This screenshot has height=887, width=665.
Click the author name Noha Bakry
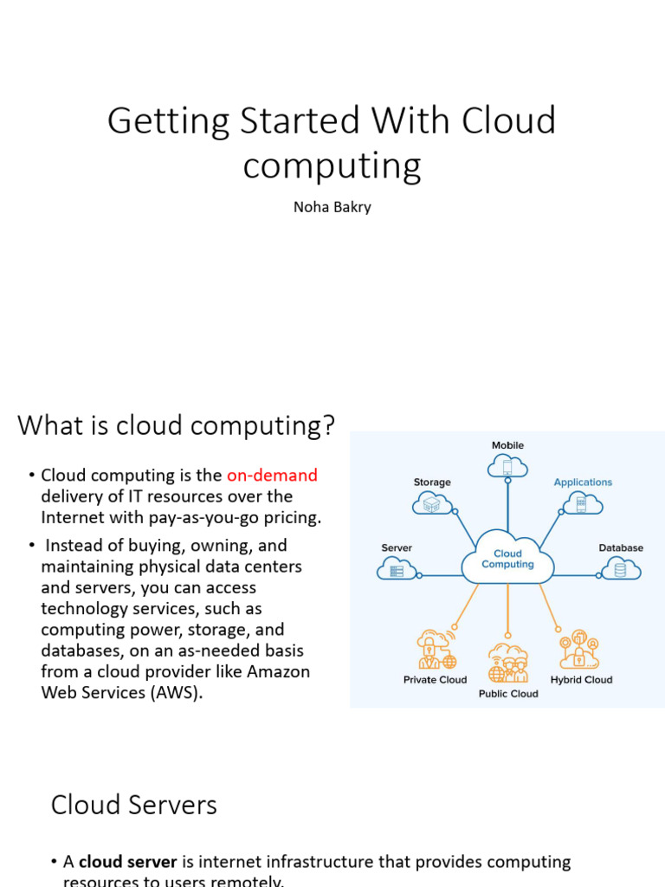tap(332, 207)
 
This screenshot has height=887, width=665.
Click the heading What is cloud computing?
tap(177, 425)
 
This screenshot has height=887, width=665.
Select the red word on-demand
tap(272, 475)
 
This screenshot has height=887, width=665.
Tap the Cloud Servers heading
tap(134, 805)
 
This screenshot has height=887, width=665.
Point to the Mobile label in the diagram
tap(507, 445)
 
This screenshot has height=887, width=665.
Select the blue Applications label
tap(583, 482)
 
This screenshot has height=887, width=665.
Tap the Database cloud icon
tap(620, 568)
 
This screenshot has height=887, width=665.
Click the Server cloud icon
tap(397, 569)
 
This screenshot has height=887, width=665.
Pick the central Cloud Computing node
tap(507, 559)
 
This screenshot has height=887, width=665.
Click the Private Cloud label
tap(435, 680)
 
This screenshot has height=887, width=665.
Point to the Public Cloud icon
tap(507, 662)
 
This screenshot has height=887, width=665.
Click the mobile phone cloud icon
tap(507, 467)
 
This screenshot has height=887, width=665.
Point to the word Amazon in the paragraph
tap(278, 671)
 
